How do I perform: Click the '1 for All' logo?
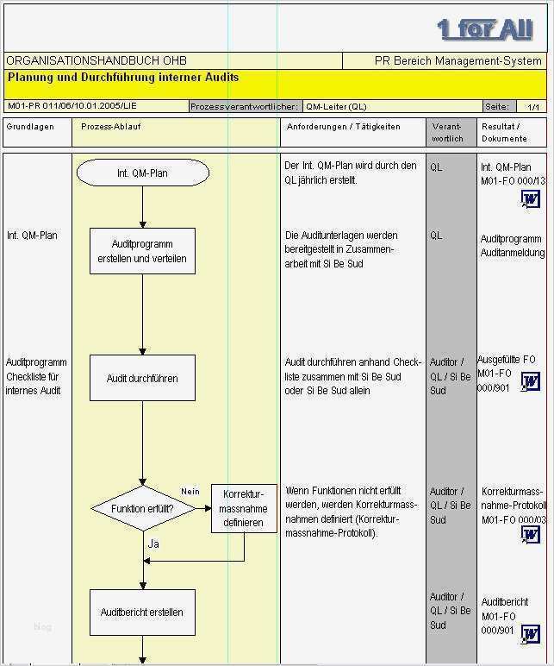[x=485, y=29]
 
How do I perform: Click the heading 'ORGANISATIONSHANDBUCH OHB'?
[x=96, y=61]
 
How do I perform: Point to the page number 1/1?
[x=533, y=107]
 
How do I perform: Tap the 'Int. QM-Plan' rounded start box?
[x=143, y=173]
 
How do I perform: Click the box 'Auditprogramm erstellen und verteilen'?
[x=142, y=251]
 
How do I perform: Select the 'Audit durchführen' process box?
[x=142, y=378]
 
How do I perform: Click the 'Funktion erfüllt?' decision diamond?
[x=143, y=509]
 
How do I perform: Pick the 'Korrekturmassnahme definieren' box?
[x=244, y=508]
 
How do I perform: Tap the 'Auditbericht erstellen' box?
[x=142, y=612]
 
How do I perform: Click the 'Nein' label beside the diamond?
[x=190, y=491]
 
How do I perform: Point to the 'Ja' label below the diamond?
[x=153, y=543]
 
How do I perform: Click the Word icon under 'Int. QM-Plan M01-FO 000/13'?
[x=529, y=200]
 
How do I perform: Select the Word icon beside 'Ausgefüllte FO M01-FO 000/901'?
[x=531, y=381]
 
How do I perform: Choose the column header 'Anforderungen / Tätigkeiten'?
[x=342, y=127]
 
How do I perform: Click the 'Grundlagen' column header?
[x=29, y=127]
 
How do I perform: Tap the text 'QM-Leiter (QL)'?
[x=336, y=107]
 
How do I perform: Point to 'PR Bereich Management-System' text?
[x=458, y=61]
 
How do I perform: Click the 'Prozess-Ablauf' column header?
[x=111, y=127]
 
